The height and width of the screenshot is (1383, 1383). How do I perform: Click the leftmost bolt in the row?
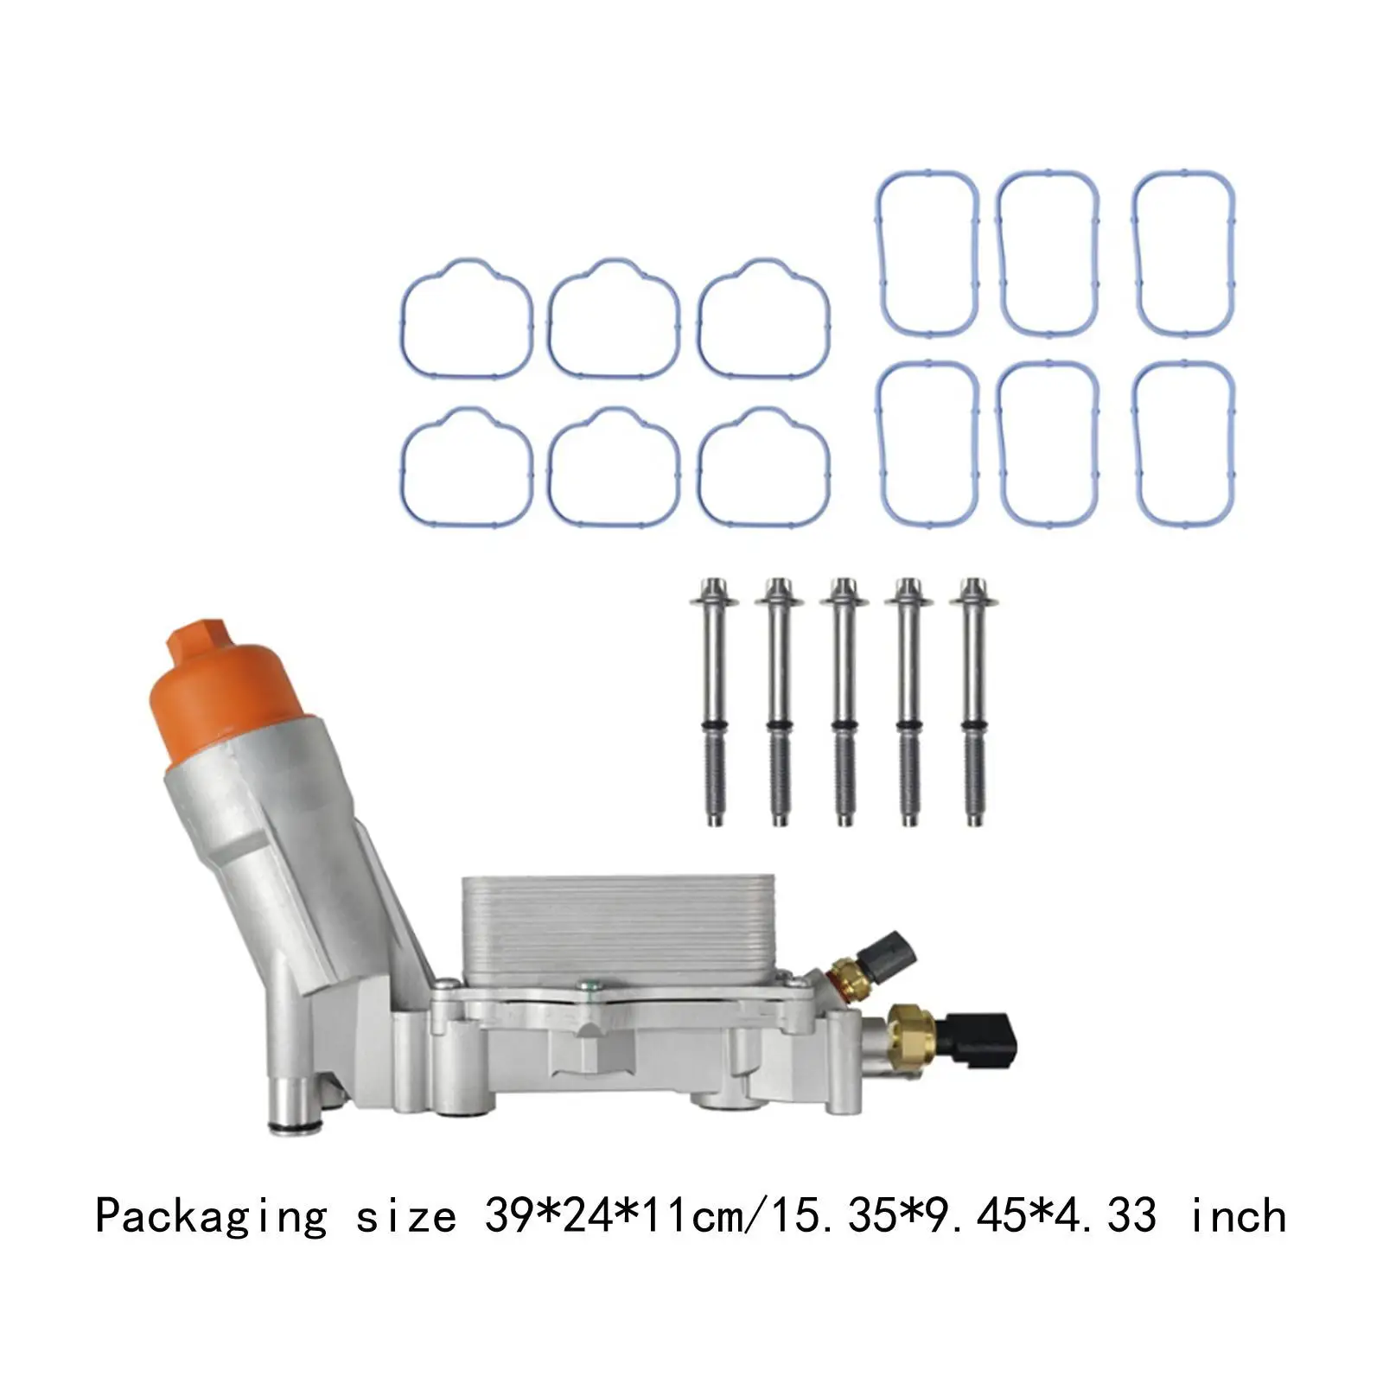point(714,700)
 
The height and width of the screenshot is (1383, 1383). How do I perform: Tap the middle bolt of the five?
point(844,700)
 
